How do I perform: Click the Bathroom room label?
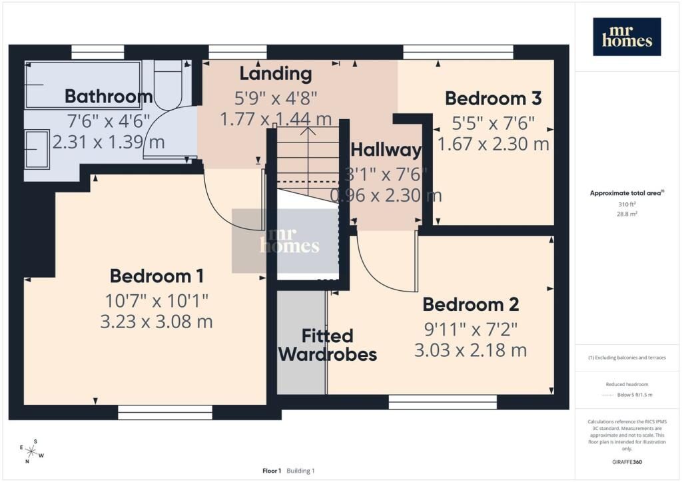109,97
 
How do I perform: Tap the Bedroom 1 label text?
157,276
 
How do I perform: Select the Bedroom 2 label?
470,305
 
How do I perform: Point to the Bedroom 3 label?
493,99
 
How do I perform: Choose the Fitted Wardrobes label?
327,345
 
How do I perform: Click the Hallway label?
386,150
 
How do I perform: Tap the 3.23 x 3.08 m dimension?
157,322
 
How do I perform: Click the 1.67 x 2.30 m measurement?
493,144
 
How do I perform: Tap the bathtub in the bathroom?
83,85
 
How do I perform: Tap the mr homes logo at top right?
627,37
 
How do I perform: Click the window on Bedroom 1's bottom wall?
165,412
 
